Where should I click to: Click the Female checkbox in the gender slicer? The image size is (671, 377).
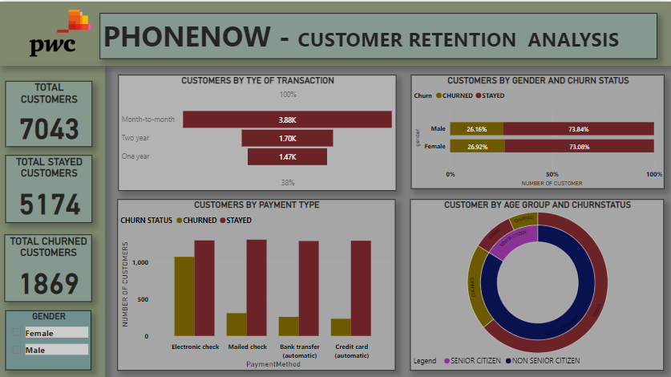17,333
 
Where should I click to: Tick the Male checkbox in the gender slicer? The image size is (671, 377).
17,350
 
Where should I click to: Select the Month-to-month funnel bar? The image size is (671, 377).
287,120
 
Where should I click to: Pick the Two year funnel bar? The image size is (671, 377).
287,138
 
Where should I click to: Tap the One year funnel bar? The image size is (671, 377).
287,156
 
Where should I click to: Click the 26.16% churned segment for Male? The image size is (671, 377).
477,128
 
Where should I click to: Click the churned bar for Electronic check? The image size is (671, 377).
184,296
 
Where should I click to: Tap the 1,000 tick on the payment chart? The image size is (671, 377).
140,263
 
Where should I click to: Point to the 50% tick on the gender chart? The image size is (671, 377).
552,174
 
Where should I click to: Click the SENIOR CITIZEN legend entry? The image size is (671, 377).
475,361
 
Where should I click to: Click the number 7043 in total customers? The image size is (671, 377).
50,129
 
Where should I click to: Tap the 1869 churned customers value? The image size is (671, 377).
50,284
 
